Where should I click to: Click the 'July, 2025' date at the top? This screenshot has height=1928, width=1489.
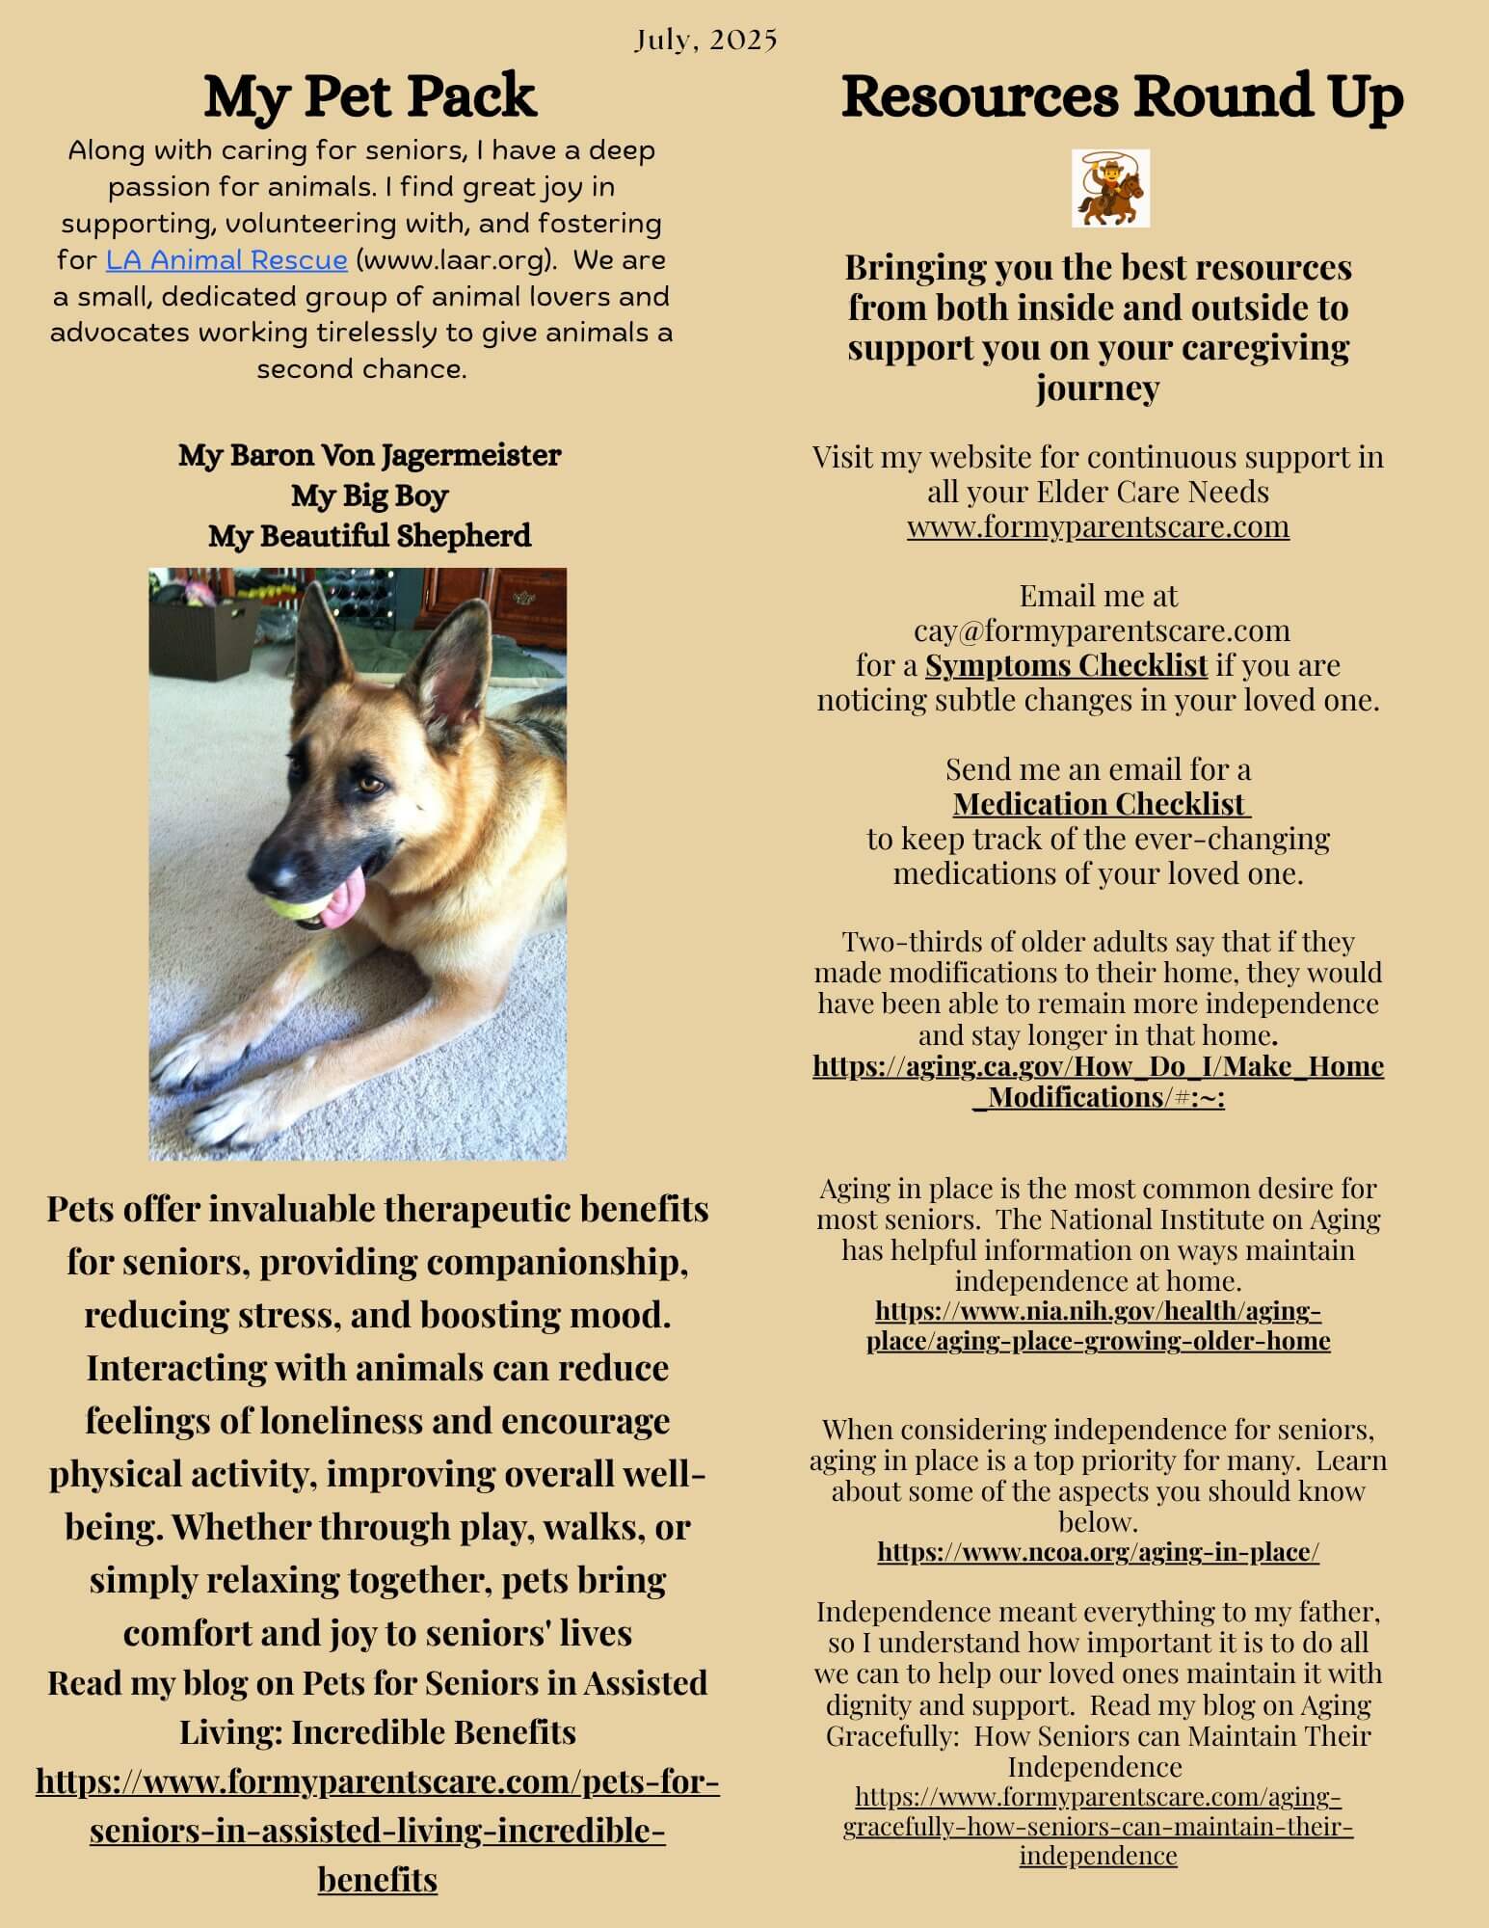pyautogui.click(x=705, y=40)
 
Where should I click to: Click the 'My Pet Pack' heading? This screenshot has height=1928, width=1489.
pyautogui.click(x=369, y=96)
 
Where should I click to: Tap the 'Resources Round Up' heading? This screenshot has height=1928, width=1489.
pyautogui.click(x=1122, y=96)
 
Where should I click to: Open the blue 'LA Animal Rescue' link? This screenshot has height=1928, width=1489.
pyautogui.click(x=226, y=260)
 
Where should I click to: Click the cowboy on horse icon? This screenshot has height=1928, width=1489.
pyautogui.click(x=1110, y=188)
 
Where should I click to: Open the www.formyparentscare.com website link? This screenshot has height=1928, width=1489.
pyautogui.click(x=1098, y=526)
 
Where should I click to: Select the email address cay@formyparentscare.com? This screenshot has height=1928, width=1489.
pyautogui.click(x=1101, y=630)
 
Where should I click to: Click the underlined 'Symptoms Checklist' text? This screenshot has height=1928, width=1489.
pyautogui.click(x=1066, y=665)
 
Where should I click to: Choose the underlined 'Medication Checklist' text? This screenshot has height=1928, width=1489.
pyautogui.click(x=1101, y=804)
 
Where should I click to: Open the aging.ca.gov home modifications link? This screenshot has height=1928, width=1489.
pyautogui.click(x=1098, y=1081)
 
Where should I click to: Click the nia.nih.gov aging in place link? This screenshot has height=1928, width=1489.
pyautogui.click(x=1098, y=1325)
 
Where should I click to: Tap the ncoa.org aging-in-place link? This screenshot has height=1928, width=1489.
pyautogui.click(x=1098, y=1552)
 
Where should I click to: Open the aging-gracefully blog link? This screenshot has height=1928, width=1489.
pyautogui.click(x=1098, y=1827)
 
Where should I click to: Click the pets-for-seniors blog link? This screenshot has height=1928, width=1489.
pyautogui.click(x=378, y=1830)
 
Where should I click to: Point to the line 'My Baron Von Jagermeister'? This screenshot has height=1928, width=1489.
pyautogui.click(x=369, y=455)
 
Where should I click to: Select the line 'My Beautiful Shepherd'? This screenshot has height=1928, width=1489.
pyautogui.click(x=369, y=536)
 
